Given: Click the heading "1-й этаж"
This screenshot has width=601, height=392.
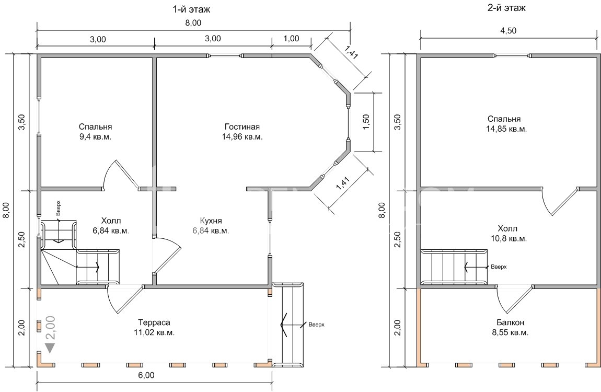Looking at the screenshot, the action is tap(192, 9).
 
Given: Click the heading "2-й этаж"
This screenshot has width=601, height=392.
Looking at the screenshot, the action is tap(507, 8).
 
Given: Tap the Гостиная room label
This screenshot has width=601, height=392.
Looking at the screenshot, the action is tap(242, 127).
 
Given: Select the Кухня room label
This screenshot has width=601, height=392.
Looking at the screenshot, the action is tap(211, 221).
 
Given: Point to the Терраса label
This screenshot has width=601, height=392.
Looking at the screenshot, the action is tap(155, 323).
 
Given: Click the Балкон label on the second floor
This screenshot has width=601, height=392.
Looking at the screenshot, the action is tap(510, 322).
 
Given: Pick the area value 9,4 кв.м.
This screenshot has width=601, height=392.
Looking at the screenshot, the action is tap(96, 137).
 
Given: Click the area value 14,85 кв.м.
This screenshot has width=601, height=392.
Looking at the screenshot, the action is tap(506, 129).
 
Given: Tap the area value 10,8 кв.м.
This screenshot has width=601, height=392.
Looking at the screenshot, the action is tap(507, 239).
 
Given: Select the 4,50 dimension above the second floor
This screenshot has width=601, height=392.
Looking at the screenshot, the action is tap(508, 31).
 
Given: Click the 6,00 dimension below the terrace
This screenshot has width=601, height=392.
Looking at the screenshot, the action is tap(146, 375).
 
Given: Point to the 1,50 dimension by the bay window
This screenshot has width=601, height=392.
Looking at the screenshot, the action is tap(366, 122).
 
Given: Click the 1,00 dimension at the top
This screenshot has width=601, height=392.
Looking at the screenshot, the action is tap(291, 38).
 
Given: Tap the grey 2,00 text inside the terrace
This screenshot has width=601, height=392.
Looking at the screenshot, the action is tap(51, 327).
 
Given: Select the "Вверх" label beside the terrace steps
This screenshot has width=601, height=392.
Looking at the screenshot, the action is tap(316, 325).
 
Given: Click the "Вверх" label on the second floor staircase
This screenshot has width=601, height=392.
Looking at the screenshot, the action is tap(499, 267).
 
